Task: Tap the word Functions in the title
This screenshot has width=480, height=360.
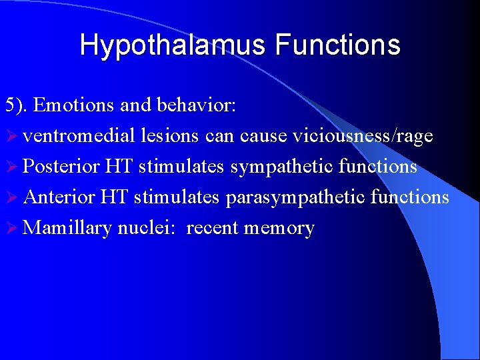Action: click(x=337, y=45)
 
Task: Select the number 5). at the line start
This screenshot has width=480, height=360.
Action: click(x=17, y=105)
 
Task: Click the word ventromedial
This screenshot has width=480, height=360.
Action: click(x=78, y=136)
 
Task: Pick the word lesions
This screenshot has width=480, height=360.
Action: click(x=169, y=136)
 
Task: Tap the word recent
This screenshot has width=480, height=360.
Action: click(x=213, y=228)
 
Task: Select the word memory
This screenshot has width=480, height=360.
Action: click(x=279, y=228)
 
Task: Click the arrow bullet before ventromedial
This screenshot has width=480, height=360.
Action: click(x=11, y=137)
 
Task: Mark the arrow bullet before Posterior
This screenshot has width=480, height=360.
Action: click(x=11, y=167)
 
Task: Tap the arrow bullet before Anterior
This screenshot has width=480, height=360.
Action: click(x=11, y=198)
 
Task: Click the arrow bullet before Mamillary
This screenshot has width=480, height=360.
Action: click(x=11, y=229)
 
